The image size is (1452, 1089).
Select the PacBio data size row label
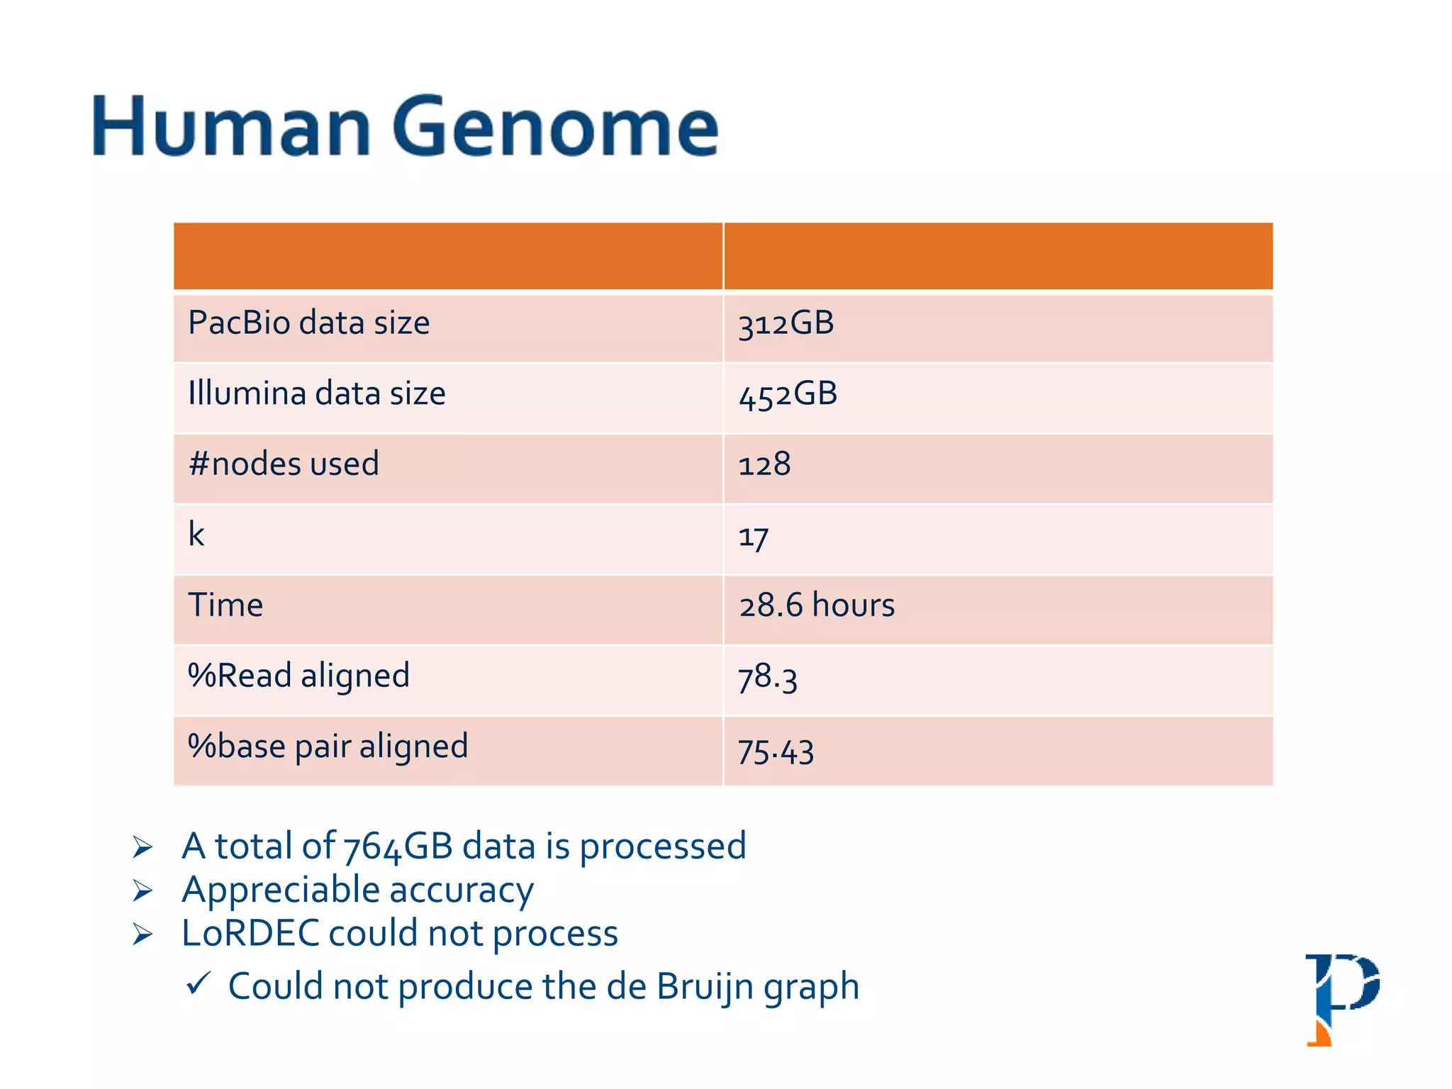click(x=308, y=323)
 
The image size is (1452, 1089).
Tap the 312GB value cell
click(x=786, y=324)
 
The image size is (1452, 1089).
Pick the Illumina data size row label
click(x=316, y=393)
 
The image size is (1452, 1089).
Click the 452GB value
click(x=788, y=394)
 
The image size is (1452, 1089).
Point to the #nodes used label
click(x=284, y=464)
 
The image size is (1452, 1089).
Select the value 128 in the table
click(x=764, y=465)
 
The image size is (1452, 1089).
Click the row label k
click(x=196, y=534)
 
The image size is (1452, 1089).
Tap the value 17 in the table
click(x=753, y=537)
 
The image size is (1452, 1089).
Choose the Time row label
click(x=225, y=605)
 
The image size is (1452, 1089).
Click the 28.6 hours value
click(x=817, y=606)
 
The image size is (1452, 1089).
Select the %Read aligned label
click(x=298, y=676)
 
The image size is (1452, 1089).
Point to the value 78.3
click(x=768, y=678)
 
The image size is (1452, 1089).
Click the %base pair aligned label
click(x=328, y=747)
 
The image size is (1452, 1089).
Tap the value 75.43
click(x=776, y=751)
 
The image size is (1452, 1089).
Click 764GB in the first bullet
click(x=398, y=847)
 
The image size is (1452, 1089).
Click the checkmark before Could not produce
click(x=198, y=983)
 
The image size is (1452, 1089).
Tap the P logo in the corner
click(x=1341, y=998)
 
